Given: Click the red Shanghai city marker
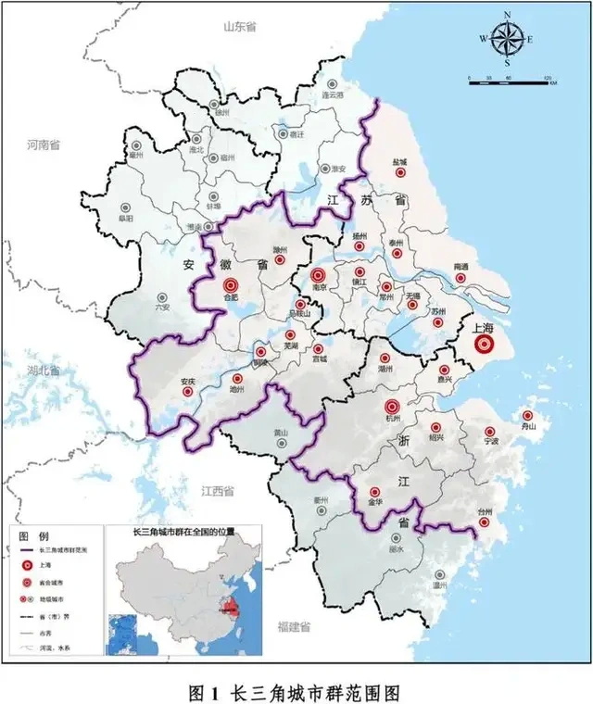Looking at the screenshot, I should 483,345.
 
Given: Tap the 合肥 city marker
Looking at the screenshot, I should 232,285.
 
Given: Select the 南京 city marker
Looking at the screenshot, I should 319,274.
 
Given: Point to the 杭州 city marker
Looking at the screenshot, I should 391,406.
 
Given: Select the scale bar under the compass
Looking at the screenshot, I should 509,82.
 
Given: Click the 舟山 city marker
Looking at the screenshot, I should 528,416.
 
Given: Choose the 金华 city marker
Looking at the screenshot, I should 374,492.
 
